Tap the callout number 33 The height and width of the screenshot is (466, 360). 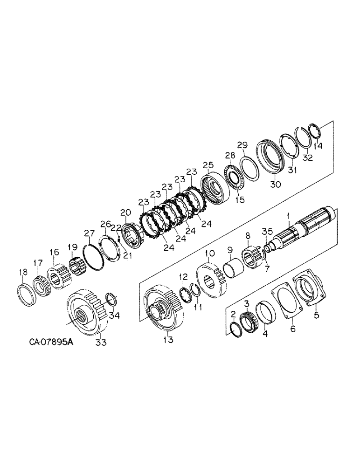(x=101, y=343)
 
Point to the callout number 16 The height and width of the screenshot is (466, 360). (x=54, y=252)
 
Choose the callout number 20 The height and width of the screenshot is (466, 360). (x=125, y=212)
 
